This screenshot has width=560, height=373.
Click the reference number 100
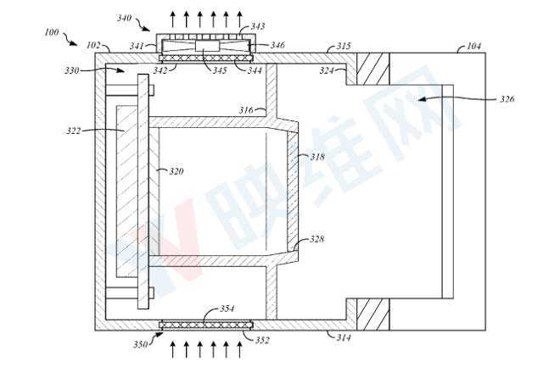pyautogui.click(x=52, y=32)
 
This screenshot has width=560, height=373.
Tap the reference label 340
pyautogui.click(x=124, y=18)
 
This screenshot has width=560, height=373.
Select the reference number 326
pyautogui.click(x=507, y=98)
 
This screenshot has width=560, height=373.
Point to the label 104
pyautogui.click(x=474, y=46)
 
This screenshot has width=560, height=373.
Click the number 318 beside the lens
pyautogui.click(x=317, y=156)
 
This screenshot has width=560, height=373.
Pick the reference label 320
pyautogui.click(x=176, y=172)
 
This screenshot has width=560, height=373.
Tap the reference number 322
pyautogui.click(x=73, y=131)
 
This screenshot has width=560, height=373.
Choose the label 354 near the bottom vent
pyautogui.click(x=227, y=309)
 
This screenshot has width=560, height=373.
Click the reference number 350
pyautogui.click(x=141, y=344)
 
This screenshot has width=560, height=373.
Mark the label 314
pyautogui.click(x=344, y=337)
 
